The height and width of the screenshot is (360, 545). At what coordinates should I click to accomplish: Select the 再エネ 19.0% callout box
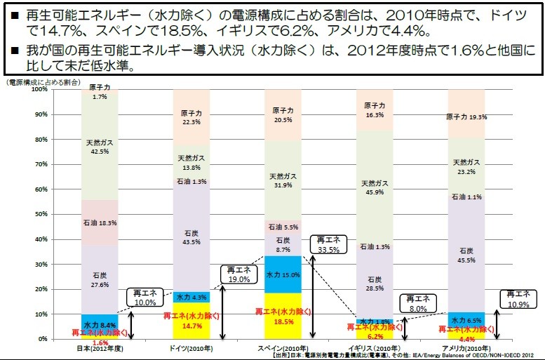click(x=238, y=274)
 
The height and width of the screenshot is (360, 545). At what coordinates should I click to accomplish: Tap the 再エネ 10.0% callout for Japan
click(x=146, y=297)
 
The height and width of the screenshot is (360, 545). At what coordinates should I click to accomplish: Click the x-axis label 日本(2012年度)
click(x=99, y=349)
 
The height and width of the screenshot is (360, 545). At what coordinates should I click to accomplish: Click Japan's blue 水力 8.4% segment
click(x=99, y=324)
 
